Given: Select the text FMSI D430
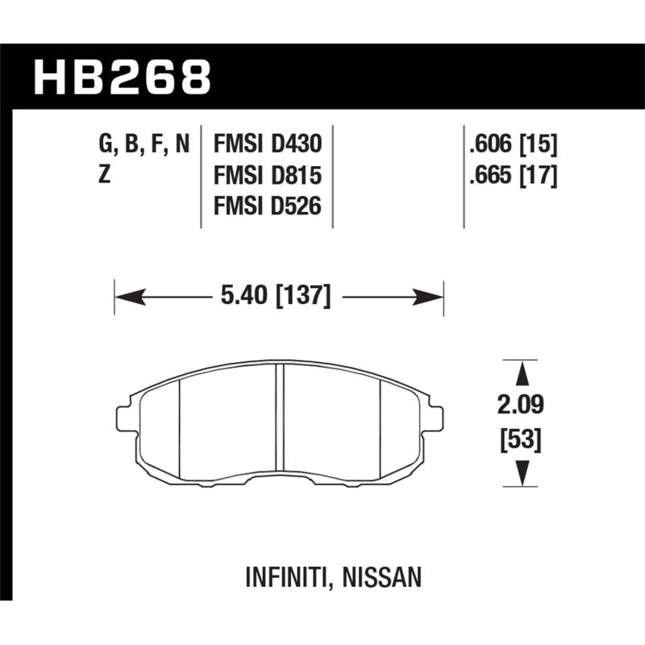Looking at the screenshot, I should [268, 145].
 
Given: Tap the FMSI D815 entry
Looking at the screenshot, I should [268, 176].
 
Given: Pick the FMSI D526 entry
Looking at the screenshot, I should [268, 206].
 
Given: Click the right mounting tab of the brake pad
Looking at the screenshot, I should [435, 417].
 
